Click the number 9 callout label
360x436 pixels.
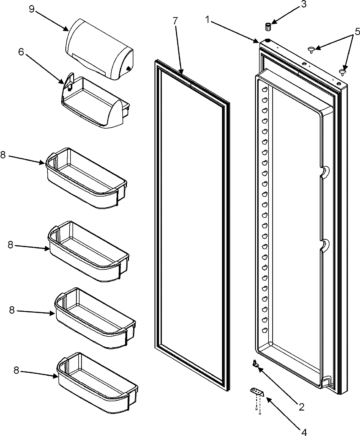[31, 9]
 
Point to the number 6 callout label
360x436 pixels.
[21, 52]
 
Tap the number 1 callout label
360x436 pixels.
[207, 20]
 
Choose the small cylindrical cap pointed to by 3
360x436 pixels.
[268, 26]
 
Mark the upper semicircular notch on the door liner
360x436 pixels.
[324, 171]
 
